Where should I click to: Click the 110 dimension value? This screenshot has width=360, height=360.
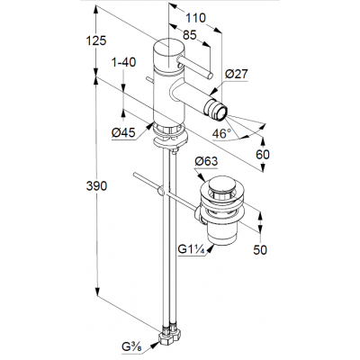point(195,18)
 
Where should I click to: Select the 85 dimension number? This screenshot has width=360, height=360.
point(190,35)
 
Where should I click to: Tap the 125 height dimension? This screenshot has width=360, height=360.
point(96,40)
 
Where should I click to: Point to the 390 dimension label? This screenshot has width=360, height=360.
point(96,186)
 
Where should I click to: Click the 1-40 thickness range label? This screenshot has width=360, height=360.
point(123,62)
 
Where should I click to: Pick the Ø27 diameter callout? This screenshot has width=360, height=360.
point(237,74)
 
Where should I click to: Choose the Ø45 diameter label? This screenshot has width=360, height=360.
point(123,132)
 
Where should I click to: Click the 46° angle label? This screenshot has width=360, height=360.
point(221,133)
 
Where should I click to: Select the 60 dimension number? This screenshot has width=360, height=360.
point(263,155)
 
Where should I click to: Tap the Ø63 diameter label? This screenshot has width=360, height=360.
point(206,161)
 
